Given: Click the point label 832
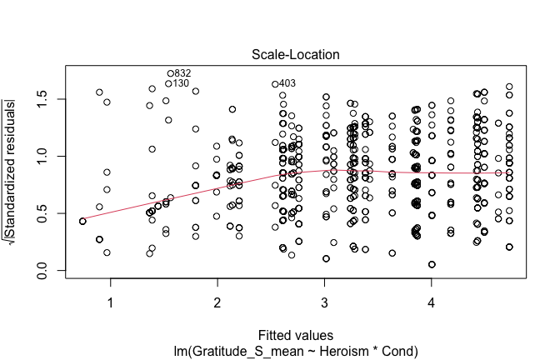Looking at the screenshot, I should pyautogui.click(x=183, y=73).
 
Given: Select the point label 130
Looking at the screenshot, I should pyautogui.click(x=181, y=83).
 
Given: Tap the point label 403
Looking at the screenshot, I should pyautogui.click(x=287, y=83).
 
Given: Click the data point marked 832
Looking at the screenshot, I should pyautogui.click(x=171, y=73).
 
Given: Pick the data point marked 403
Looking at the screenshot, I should pyautogui.click(x=275, y=84).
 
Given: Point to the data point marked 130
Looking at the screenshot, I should pyautogui.click(x=168, y=83).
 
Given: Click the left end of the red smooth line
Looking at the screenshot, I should pyautogui.click(x=82, y=221).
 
